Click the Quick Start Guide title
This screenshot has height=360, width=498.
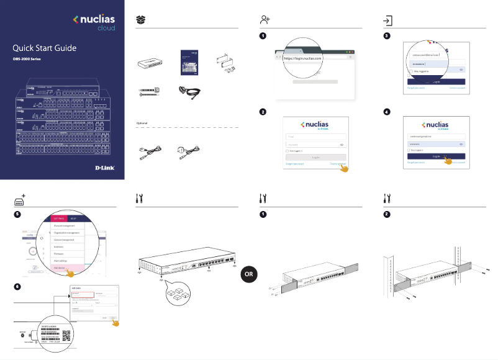tap(45, 48)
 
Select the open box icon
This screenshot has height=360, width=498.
tap(141, 20)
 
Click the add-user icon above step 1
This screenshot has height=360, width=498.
tap(264, 20)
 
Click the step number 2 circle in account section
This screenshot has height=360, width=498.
tap(263, 112)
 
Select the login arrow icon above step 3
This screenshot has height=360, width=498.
tap(387, 20)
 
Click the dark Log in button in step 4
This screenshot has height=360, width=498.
tap(437, 156)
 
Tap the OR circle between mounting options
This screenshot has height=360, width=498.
tap(248, 274)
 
